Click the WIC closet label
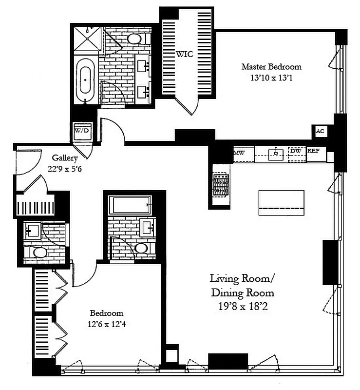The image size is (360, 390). [185, 54]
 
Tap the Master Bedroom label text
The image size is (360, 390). [272, 67]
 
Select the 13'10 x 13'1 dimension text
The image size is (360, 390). [272, 77]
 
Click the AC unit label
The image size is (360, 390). [320, 131]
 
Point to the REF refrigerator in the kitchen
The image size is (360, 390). [313, 151]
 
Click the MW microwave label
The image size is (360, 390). [239, 153]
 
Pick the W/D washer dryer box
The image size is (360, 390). [80, 131]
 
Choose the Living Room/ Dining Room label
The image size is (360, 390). [242, 286]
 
